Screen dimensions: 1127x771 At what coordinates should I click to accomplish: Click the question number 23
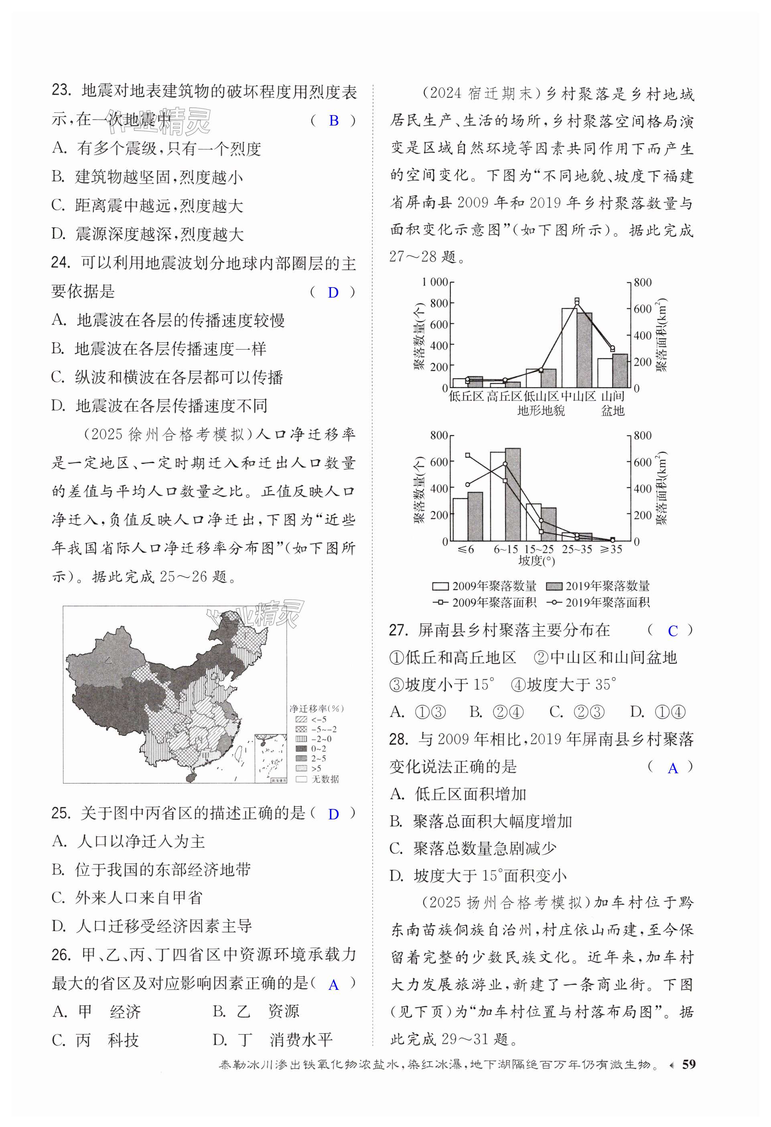point(62,91)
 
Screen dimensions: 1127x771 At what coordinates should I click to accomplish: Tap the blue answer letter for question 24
point(333,293)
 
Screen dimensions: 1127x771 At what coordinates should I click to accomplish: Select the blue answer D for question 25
point(333,814)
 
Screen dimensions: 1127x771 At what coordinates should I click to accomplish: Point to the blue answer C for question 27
point(673,631)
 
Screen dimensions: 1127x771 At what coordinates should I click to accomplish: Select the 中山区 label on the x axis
point(578,397)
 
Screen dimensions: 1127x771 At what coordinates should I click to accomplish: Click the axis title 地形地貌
point(541,411)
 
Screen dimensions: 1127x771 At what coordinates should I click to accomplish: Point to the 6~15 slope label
point(506,549)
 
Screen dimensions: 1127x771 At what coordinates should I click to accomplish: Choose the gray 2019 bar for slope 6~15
point(513,495)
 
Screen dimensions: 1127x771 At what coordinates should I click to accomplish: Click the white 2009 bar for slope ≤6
point(460,519)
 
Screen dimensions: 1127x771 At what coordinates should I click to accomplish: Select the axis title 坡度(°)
point(536,561)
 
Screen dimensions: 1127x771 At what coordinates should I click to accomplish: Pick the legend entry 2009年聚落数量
point(485,586)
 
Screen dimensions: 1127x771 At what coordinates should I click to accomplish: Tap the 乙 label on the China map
point(108,660)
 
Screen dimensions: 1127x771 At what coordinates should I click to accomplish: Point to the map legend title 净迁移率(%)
point(316,709)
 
